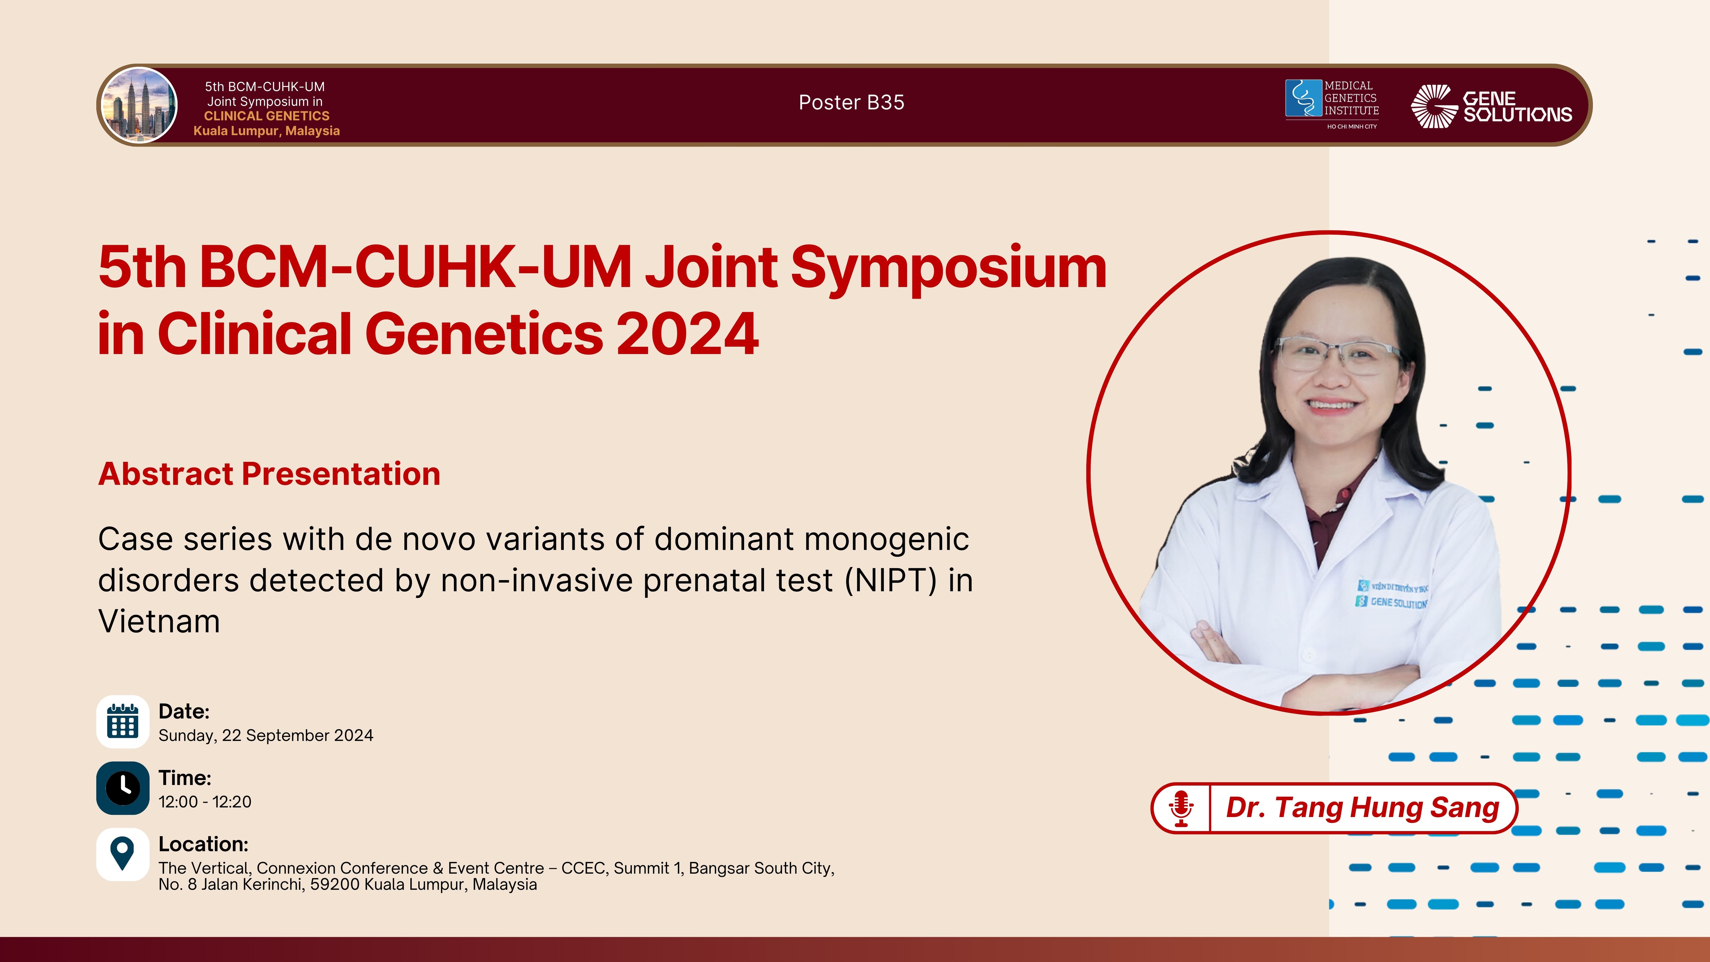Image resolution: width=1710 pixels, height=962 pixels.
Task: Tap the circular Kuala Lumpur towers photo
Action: [139, 105]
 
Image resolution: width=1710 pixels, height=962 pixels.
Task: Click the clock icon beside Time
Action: [123, 788]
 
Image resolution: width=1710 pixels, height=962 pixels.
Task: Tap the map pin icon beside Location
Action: [123, 854]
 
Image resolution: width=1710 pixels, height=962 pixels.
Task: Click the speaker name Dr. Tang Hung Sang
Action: [1362, 808]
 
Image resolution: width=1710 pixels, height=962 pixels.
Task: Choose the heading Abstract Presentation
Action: [269, 474]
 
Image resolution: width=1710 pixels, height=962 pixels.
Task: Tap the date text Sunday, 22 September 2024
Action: [265, 736]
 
